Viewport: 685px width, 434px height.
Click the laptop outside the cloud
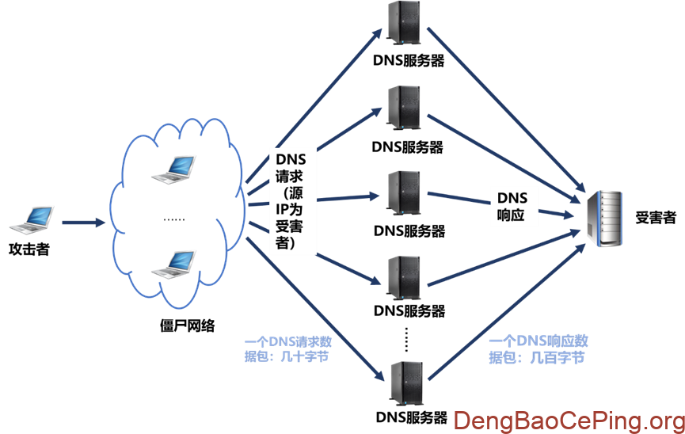click(32, 219)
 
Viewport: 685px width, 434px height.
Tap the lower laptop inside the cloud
click(173, 264)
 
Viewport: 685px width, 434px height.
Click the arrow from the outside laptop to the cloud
click(82, 223)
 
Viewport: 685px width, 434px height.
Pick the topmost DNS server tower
click(404, 21)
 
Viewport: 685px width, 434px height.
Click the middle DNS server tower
click(404, 191)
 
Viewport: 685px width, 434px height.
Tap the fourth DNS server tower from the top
click(404, 276)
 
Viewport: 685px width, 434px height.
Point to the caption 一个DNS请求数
click(288, 341)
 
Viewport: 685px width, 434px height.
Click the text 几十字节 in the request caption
click(304, 357)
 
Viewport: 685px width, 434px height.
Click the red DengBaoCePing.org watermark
click(569, 420)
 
